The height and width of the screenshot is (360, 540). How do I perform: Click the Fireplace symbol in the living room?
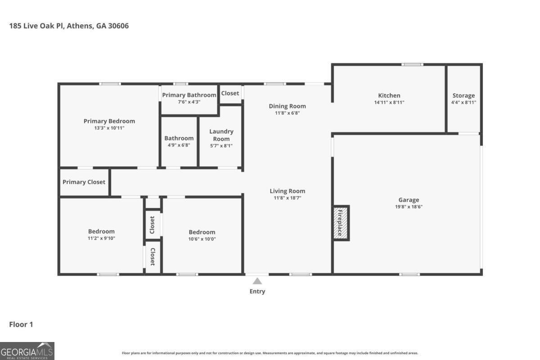click(x=341, y=223)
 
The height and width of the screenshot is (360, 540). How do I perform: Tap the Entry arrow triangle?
click(x=257, y=281)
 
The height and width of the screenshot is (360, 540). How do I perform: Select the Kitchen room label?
click(x=389, y=95)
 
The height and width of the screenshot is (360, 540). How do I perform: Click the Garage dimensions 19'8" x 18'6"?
click(x=409, y=207)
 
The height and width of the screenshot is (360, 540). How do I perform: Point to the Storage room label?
click(x=463, y=95)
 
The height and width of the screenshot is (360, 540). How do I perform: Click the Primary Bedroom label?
click(x=109, y=121)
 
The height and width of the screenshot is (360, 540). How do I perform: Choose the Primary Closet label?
click(x=84, y=182)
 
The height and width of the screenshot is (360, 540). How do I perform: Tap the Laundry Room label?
click(x=221, y=135)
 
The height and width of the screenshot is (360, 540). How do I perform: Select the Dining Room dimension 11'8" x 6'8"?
click(x=287, y=113)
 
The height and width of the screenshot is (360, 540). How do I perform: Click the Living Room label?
click(x=287, y=191)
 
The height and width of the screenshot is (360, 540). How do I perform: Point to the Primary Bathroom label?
click(x=189, y=95)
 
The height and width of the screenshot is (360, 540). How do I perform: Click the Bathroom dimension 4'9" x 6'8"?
click(x=179, y=145)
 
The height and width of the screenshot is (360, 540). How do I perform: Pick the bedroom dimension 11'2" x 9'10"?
click(x=101, y=238)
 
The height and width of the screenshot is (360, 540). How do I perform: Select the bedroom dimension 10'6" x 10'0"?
click(x=202, y=239)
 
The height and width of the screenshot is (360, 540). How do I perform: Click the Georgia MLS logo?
click(x=27, y=351)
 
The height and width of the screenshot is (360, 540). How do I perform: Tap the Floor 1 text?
click(x=21, y=324)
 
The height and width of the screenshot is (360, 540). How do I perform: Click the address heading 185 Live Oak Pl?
click(x=69, y=26)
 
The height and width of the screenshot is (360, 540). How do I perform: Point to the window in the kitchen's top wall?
click(x=412, y=64)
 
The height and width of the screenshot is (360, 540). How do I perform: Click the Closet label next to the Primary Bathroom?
click(x=230, y=93)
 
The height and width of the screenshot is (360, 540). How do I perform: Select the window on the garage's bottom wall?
click(x=409, y=274)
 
